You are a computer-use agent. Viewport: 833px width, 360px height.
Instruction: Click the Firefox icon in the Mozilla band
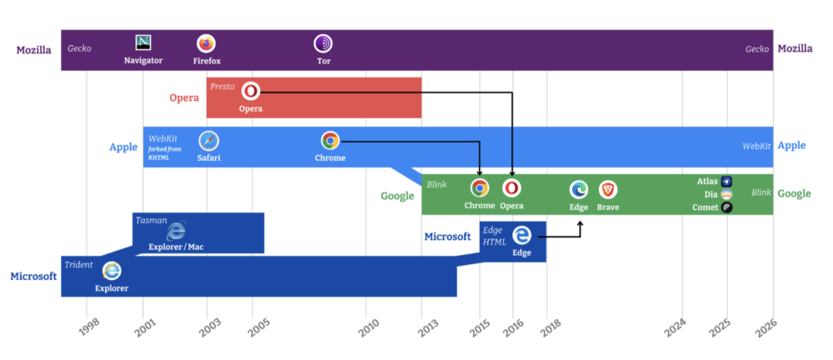pyautogui.click(x=206, y=43)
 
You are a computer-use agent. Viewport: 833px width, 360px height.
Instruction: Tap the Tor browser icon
pyautogui.click(x=323, y=43)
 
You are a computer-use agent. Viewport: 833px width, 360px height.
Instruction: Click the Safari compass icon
pyautogui.click(x=208, y=141)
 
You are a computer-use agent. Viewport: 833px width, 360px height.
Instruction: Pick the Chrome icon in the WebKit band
pyautogui.click(x=330, y=141)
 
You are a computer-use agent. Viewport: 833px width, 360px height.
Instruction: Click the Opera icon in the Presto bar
pyautogui.click(x=250, y=92)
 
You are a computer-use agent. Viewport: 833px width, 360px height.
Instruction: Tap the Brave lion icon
pyautogui.click(x=608, y=189)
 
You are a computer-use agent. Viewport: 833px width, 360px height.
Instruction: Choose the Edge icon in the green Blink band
pyautogui.click(x=579, y=189)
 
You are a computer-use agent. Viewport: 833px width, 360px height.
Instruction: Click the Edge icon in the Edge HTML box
pyautogui.click(x=521, y=235)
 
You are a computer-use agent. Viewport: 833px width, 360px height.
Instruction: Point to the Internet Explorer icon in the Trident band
pyautogui.click(x=111, y=271)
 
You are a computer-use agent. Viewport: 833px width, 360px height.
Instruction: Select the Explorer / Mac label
pyautogui.click(x=176, y=247)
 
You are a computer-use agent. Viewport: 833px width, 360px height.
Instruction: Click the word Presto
pyautogui.click(x=222, y=86)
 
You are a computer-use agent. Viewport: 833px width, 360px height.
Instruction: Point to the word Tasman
pyautogui.click(x=152, y=220)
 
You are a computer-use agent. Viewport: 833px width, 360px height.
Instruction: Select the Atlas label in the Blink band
pyautogui.click(x=707, y=181)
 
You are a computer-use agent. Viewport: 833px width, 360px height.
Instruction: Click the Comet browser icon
pyautogui.click(x=727, y=207)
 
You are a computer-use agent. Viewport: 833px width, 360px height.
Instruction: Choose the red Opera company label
pyautogui.click(x=184, y=97)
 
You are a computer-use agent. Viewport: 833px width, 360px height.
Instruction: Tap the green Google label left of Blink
pyautogui.click(x=397, y=196)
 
